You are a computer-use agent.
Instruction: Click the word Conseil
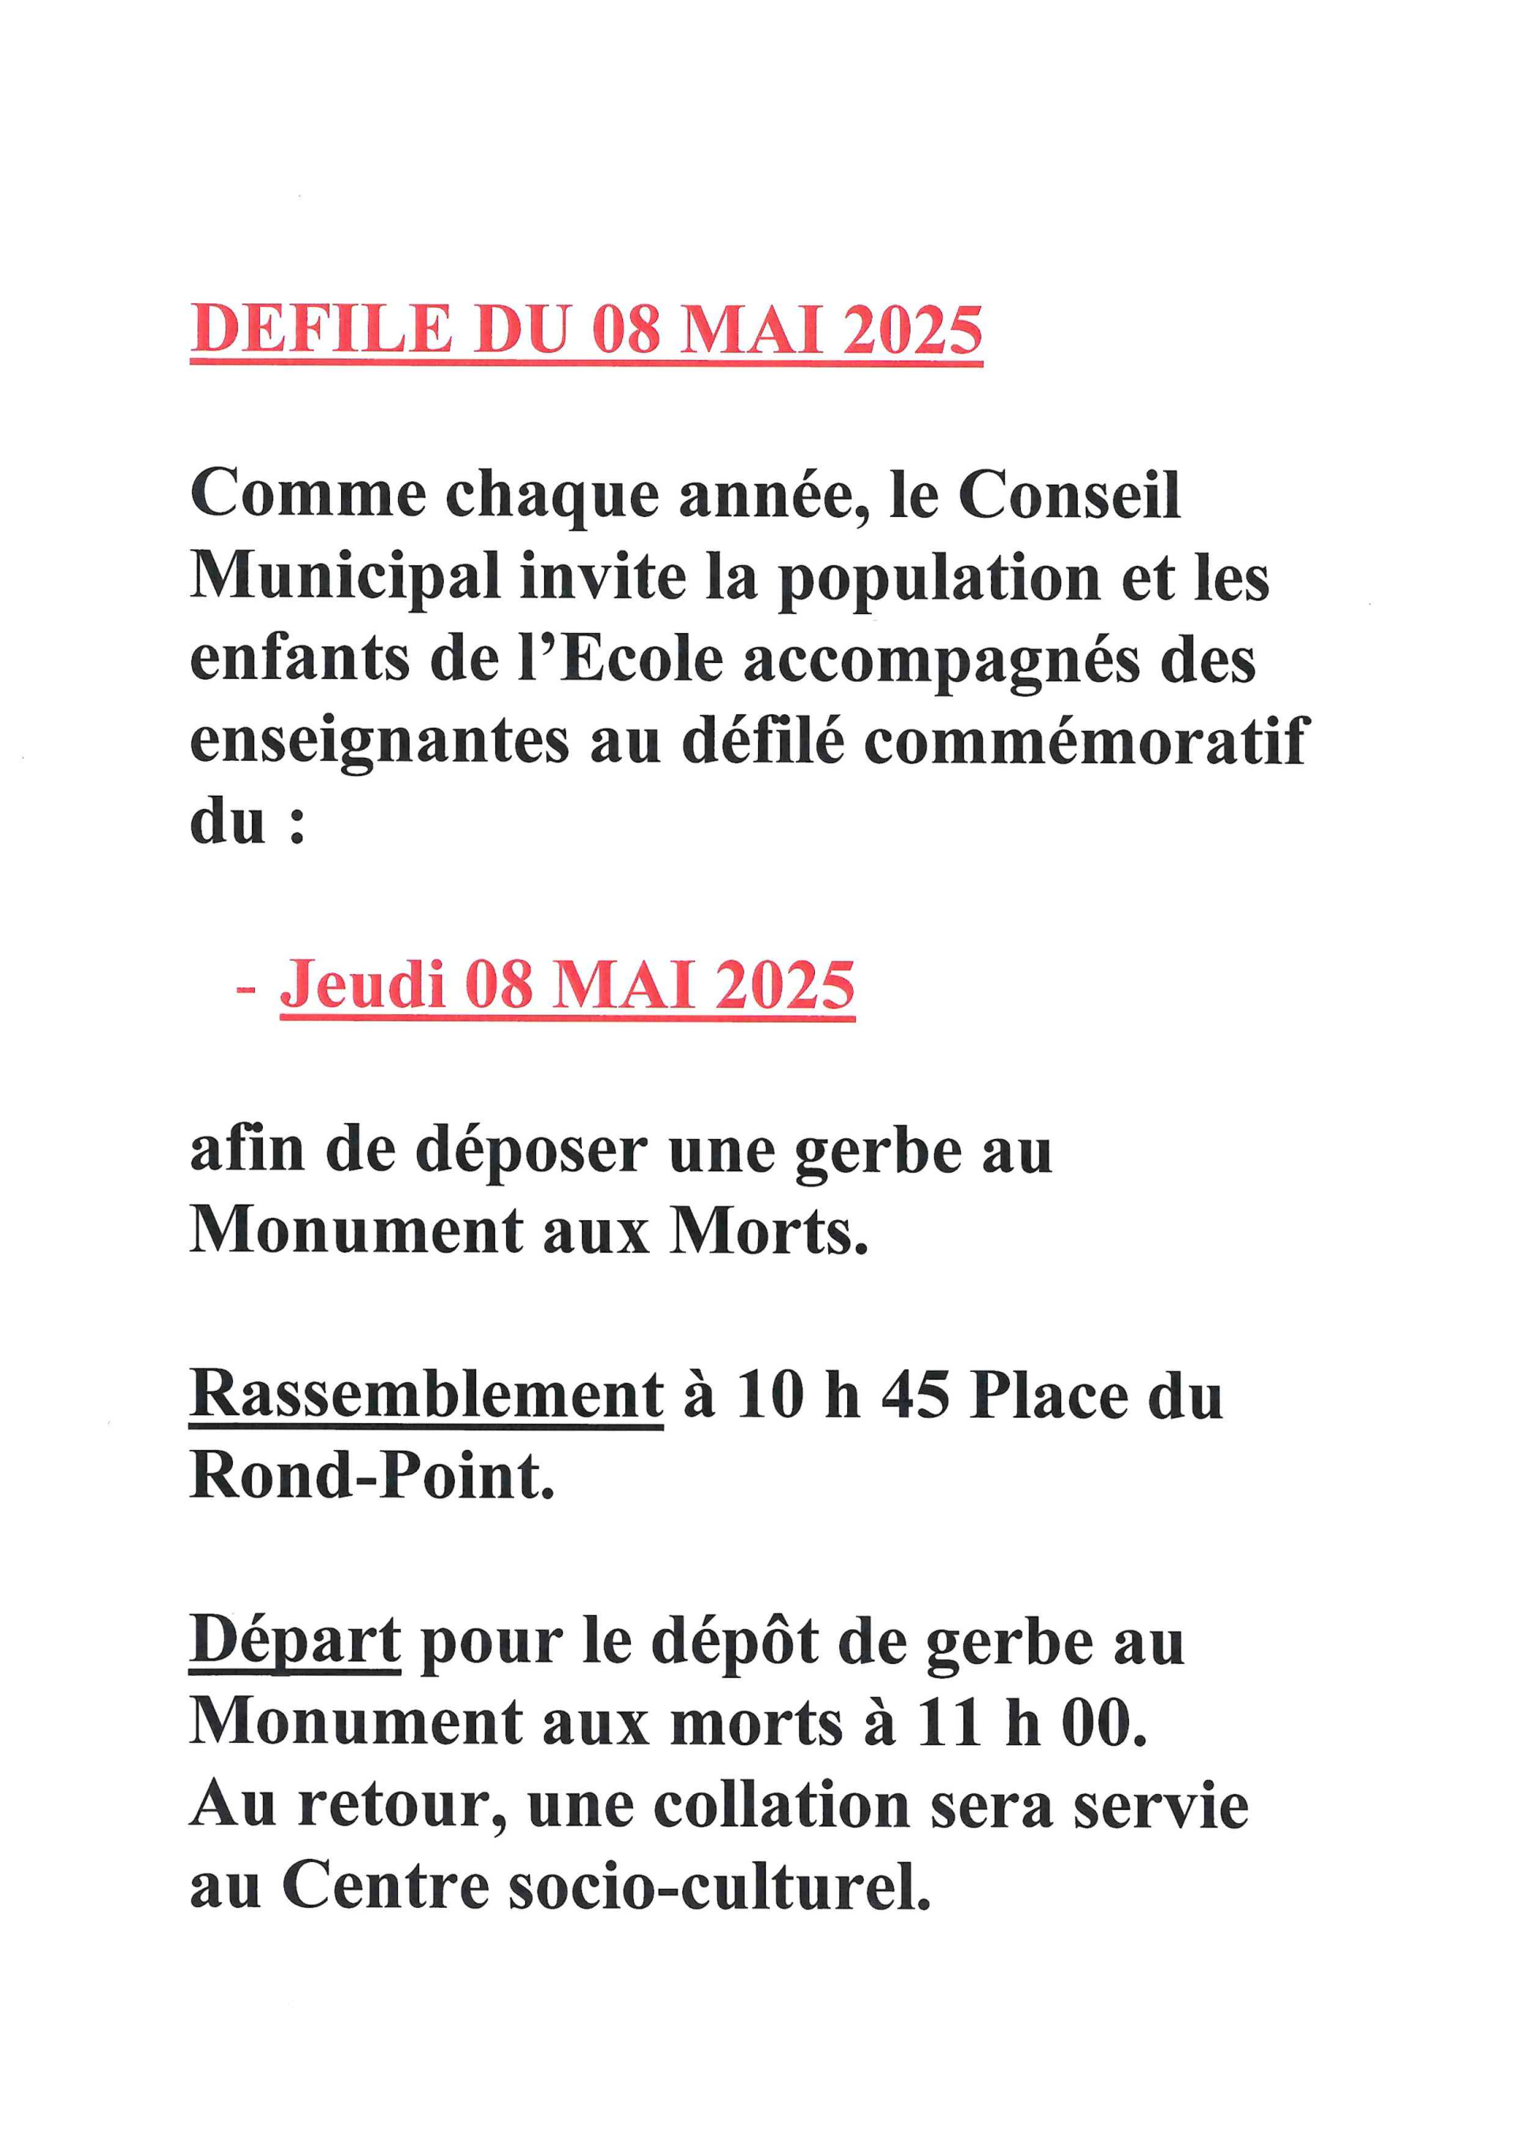coord(1069,494)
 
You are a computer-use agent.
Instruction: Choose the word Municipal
coord(345,577)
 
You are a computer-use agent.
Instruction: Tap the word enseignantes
coord(379,742)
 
